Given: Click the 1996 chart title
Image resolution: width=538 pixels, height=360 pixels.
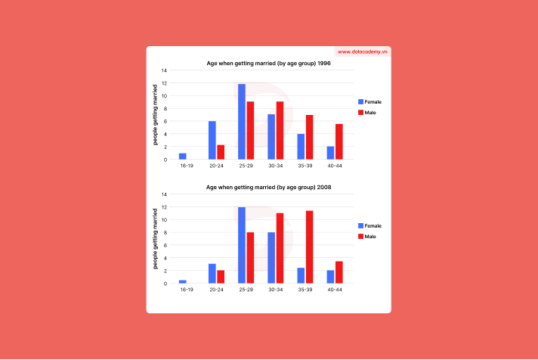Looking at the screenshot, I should click(264, 64).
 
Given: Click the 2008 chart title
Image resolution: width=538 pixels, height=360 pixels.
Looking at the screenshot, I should click(264, 187).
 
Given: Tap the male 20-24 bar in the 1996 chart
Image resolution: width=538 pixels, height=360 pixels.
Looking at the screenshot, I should click(221, 152).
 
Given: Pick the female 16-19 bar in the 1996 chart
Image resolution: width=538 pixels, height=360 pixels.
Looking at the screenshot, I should click(183, 156).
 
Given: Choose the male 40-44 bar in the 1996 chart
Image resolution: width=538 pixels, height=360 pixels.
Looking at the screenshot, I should click(339, 141).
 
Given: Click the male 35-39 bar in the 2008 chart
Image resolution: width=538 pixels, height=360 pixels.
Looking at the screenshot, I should click(309, 247).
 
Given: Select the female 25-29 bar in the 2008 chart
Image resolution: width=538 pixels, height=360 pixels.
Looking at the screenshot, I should click(242, 245).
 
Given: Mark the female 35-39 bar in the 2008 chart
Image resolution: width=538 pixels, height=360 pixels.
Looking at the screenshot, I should click(301, 275).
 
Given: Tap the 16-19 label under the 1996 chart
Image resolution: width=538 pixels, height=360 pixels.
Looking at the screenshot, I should click(187, 165).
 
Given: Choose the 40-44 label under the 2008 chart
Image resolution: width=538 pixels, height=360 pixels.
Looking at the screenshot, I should click(335, 289).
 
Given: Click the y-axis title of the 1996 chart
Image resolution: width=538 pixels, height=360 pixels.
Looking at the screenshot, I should click(156, 116).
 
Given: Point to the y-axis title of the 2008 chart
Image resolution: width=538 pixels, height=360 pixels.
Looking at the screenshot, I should click(156, 239).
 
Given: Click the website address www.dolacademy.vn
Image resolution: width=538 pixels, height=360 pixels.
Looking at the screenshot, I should click(363, 52).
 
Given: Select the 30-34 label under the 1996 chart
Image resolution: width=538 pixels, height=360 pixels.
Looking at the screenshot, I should click(276, 165).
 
